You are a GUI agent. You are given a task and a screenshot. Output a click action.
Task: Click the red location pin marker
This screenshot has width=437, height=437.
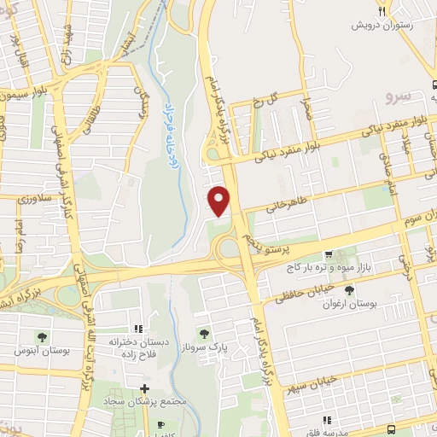coord(220,200)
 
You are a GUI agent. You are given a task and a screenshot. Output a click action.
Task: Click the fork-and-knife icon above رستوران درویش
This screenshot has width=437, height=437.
coord(383,10)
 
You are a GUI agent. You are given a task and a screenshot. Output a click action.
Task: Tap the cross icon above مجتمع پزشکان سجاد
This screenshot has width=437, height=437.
coord(144,388)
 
